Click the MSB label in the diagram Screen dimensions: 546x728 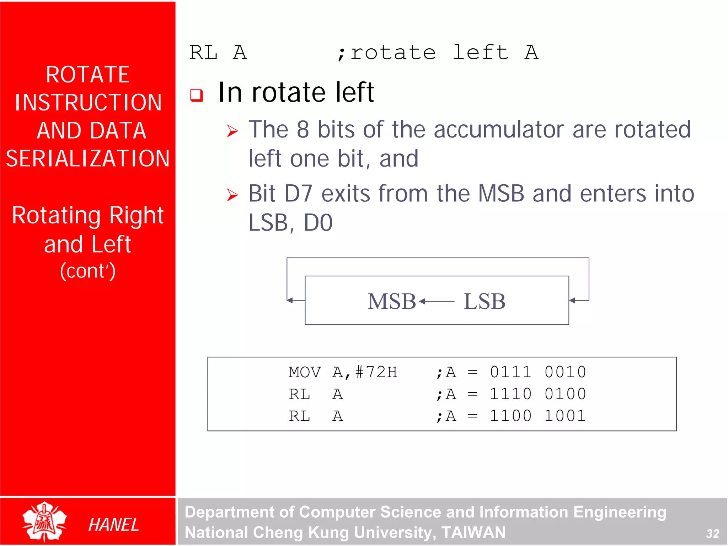[x=391, y=302]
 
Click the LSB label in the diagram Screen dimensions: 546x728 [x=484, y=302]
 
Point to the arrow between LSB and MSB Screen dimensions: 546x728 [x=437, y=302]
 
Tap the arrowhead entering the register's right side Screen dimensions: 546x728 [x=572, y=301]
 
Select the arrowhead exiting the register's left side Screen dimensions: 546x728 [x=290, y=301]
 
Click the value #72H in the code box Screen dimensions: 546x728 [x=376, y=372]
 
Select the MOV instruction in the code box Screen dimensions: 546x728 [x=305, y=372]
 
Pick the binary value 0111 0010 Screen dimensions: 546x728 [x=538, y=372]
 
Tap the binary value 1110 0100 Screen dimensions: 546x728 [x=538, y=394]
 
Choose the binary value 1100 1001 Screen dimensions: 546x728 [x=538, y=416]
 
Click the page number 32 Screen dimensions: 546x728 [x=712, y=534]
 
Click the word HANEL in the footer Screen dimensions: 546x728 [x=113, y=525]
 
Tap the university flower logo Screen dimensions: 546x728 [x=44, y=521]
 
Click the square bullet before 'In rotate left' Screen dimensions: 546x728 [x=197, y=95]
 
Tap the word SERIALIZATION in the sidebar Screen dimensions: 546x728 [x=88, y=158]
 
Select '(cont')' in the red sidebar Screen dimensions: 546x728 [x=88, y=271]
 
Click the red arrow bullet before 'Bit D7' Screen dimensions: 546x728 [x=232, y=195]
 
